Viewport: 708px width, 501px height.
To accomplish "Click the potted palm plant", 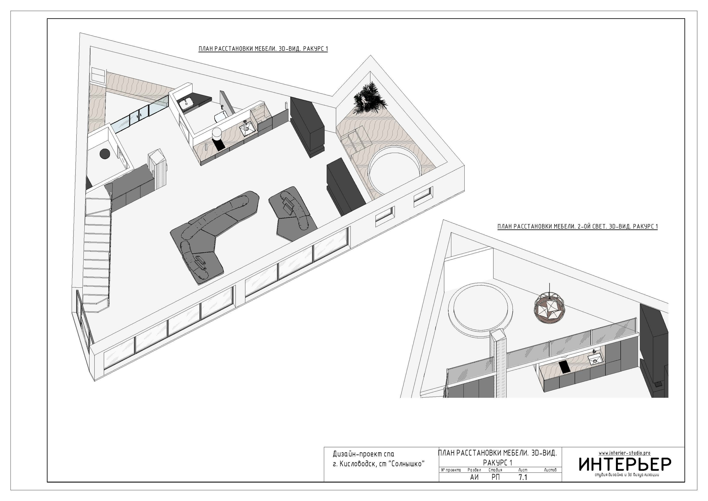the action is click(x=370, y=98).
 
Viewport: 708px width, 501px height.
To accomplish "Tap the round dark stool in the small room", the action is click(x=105, y=153).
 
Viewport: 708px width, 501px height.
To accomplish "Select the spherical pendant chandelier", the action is click(x=550, y=307).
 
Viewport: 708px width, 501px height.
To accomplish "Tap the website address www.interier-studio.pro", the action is click(x=624, y=453).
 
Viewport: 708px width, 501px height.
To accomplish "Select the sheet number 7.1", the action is click(x=523, y=477).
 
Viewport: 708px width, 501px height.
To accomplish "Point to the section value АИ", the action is click(x=474, y=477).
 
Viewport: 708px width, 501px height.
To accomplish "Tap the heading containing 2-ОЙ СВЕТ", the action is click(x=577, y=227).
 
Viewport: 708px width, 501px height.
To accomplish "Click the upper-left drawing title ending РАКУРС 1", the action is click(x=263, y=49).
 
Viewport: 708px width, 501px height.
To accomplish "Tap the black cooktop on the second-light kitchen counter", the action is click(x=565, y=367).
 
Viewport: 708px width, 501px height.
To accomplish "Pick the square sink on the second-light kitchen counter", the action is click(x=595, y=359).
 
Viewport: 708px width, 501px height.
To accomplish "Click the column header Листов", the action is click(x=550, y=470).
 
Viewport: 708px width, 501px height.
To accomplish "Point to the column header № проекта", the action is click(x=451, y=470).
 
